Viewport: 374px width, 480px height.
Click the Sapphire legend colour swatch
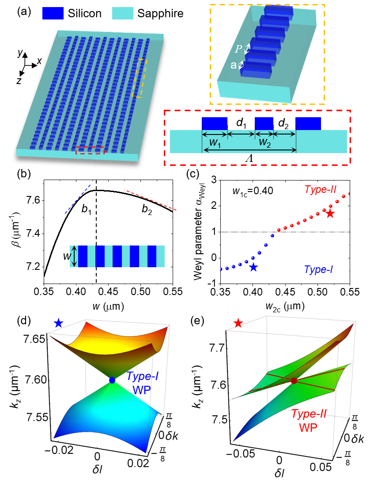125,13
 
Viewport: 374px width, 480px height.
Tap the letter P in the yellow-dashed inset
239,49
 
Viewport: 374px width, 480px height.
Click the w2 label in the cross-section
264,142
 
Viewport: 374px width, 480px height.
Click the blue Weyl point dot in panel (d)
112,380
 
